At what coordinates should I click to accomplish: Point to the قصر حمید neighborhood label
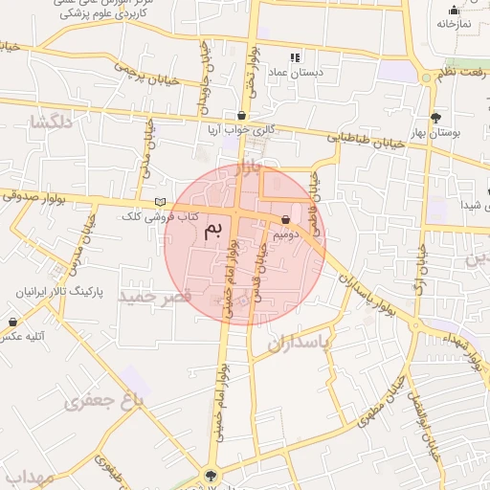click(155, 297)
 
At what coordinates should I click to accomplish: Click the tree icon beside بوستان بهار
click(436, 118)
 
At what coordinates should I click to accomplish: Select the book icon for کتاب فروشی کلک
click(160, 202)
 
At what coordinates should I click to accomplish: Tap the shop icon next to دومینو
click(286, 219)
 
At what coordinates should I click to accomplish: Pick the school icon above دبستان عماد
click(295, 58)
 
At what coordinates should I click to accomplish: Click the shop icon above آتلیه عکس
click(12, 322)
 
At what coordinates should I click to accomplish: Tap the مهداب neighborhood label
click(32, 477)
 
